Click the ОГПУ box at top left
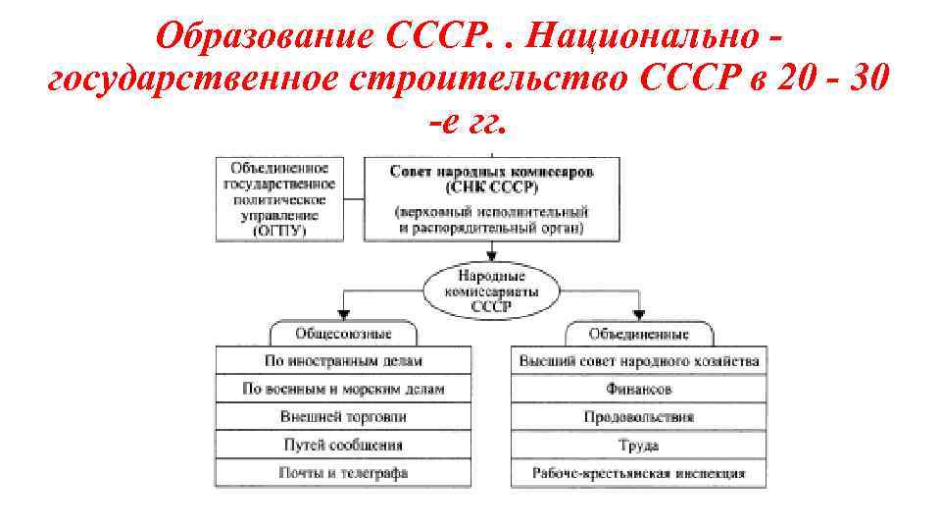pyautogui.click(x=279, y=198)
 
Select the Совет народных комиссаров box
pyautogui.click(x=491, y=198)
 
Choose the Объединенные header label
pyautogui.click(x=638, y=333)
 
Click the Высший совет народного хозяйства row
pyautogui.click(x=638, y=360)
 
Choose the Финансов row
pyautogui.click(x=638, y=389)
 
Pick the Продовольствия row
pyautogui.click(x=638, y=416)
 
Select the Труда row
pyautogui.click(x=638, y=445)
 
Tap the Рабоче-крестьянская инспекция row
pyautogui.click(x=638, y=473)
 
